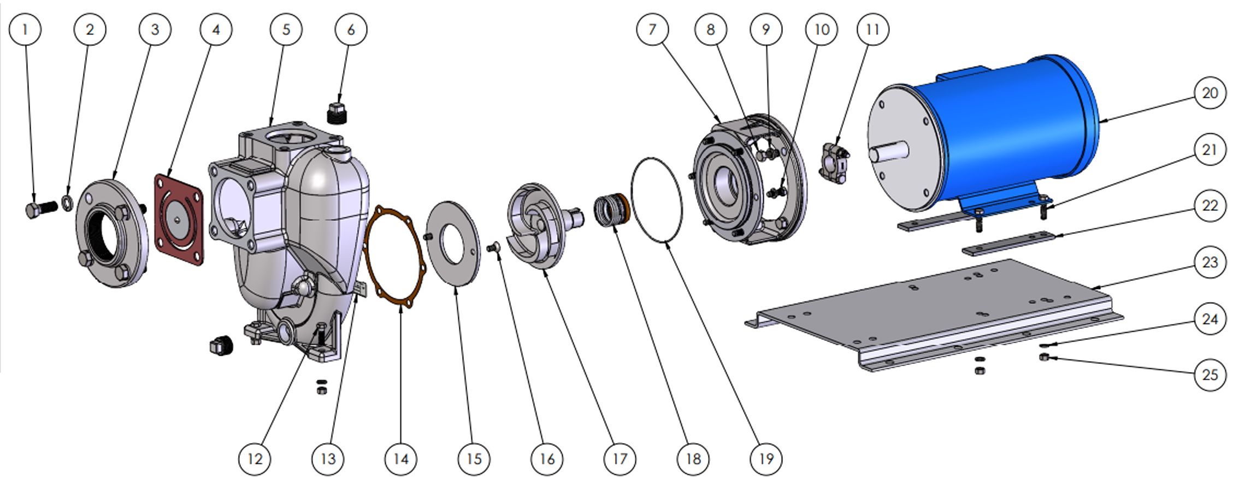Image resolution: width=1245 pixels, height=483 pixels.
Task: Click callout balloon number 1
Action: (25, 29)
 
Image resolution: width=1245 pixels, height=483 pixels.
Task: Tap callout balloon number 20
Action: (1209, 93)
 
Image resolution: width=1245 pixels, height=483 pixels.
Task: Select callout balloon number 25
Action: (1209, 375)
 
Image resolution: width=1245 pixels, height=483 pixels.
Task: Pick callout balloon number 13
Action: (328, 459)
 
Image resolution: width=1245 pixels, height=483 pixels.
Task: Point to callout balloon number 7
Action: (652, 29)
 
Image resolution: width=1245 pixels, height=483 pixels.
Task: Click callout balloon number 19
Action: (766, 459)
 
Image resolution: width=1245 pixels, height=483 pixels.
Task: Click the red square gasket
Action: (179, 219)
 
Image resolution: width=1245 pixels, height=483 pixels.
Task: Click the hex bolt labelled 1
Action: (40, 209)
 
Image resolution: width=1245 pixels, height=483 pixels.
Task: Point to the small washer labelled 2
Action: (67, 203)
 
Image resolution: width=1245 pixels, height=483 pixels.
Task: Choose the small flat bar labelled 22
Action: (1011, 243)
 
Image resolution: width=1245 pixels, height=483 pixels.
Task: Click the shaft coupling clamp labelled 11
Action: (834, 163)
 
